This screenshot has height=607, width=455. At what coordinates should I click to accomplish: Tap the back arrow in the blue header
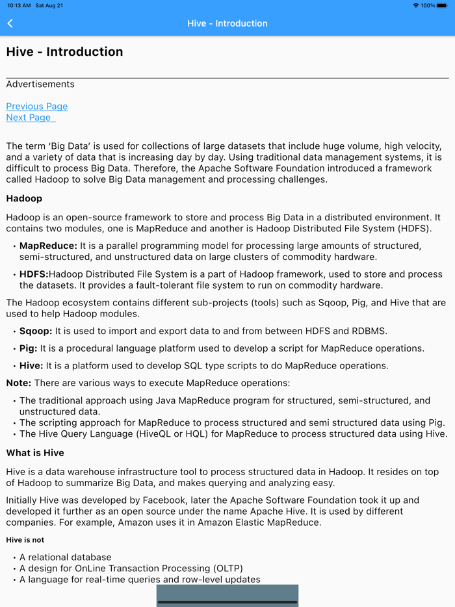(x=10, y=23)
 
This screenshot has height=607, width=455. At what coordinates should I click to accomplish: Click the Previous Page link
(x=36, y=107)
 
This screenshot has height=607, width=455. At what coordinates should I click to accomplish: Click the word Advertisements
(x=40, y=84)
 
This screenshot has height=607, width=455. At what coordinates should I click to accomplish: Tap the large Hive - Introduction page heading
(x=64, y=52)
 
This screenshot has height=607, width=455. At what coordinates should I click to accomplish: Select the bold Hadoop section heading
(x=24, y=198)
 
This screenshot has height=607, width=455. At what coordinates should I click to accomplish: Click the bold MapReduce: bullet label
(x=48, y=246)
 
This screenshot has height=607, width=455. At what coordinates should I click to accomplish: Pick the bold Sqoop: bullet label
(x=36, y=331)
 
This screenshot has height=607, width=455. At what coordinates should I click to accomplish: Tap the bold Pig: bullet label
(x=29, y=348)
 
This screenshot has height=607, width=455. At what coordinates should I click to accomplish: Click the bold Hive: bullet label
(x=31, y=365)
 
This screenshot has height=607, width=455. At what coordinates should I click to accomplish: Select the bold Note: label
(x=18, y=383)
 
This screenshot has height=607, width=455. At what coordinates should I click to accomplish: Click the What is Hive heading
(x=35, y=453)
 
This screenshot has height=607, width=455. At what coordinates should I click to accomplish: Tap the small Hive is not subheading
(x=25, y=540)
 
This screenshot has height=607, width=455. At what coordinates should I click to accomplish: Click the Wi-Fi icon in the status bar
(x=415, y=5)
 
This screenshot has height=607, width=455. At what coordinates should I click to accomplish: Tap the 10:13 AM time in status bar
(x=19, y=5)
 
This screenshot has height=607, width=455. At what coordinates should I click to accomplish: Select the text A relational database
(x=65, y=558)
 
